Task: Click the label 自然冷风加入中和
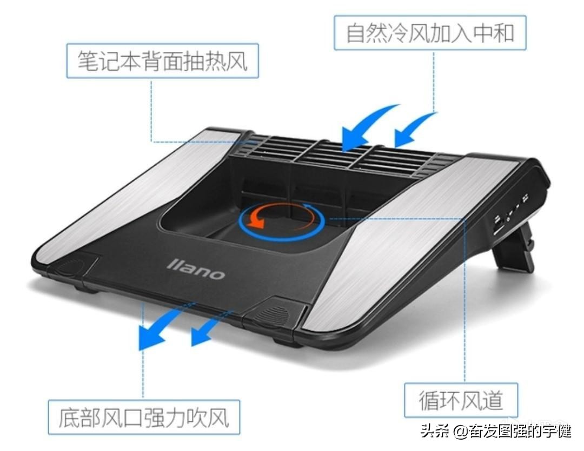(430, 33)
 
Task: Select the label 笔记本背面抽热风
(162, 61)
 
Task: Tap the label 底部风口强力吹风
(143, 418)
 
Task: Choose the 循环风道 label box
(461, 400)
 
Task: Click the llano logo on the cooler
(196, 268)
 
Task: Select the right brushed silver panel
(411, 238)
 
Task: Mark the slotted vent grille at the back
(346, 153)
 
